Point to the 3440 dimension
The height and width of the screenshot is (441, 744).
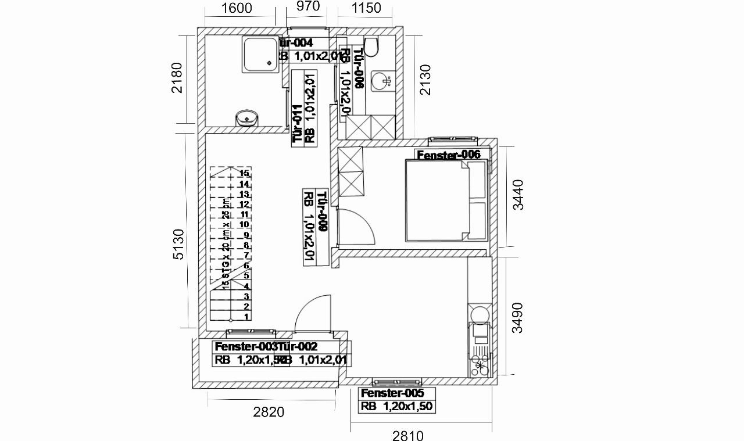point(517,195)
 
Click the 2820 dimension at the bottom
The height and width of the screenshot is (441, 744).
point(269,412)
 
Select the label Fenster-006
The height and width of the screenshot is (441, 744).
point(448,155)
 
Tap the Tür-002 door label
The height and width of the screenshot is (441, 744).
point(297,347)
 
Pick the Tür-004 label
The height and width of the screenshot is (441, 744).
point(296,43)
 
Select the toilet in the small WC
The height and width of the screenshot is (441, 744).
point(371,46)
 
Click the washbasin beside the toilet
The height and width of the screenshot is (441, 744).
point(381,81)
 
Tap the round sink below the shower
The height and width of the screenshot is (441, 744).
point(246,118)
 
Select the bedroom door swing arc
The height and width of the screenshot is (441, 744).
point(359,227)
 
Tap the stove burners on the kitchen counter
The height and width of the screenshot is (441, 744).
point(480,363)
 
